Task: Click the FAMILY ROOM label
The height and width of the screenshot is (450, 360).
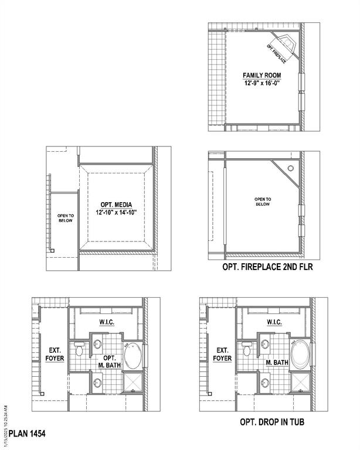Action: (x=262, y=76)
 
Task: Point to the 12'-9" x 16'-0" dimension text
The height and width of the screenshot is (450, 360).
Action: (x=262, y=84)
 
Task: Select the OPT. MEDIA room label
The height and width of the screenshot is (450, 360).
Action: (x=115, y=204)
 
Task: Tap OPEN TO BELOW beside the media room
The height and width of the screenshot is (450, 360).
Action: (x=65, y=218)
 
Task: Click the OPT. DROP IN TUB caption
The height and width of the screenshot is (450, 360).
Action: (x=272, y=422)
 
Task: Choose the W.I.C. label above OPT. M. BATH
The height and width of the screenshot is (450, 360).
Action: (x=106, y=322)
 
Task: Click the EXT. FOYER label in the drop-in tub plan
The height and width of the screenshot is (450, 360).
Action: (x=222, y=353)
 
